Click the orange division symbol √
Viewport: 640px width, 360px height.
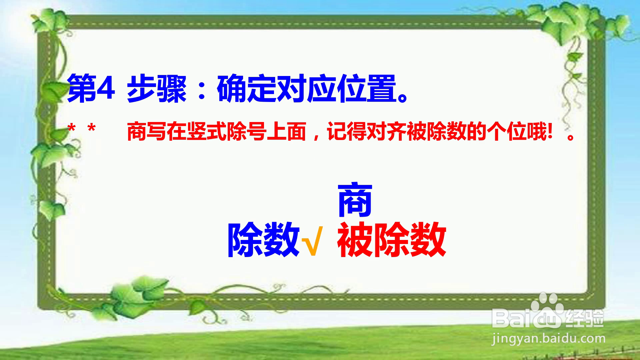(312, 241)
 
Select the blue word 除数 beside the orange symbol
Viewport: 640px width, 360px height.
(263, 240)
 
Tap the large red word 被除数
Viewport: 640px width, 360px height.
(392, 240)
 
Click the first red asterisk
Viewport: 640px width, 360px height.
(71, 129)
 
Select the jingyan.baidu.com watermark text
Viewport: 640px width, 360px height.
(548, 339)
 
